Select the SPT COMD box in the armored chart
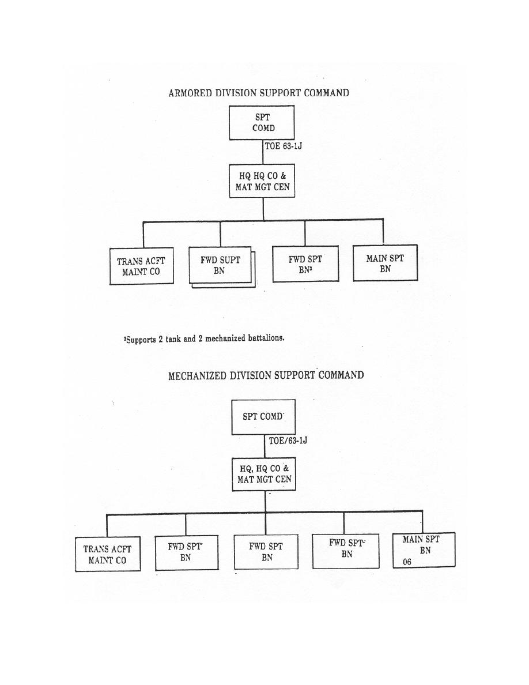(262, 123)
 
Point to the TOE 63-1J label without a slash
(284, 146)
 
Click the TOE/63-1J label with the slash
(288, 441)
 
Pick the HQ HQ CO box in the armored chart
(262, 181)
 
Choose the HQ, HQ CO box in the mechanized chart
(264, 474)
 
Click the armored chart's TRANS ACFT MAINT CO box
(141, 266)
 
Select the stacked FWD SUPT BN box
(222, 266)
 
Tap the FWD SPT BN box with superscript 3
(305, 264)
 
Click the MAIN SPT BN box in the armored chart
(386, 262)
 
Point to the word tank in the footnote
(173, 339)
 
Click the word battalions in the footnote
(266, 338)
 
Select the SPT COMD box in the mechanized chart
(263, 417)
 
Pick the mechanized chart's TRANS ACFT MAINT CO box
(108, 554)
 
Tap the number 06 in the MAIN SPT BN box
(407, 562)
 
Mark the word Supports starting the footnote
(141, 340)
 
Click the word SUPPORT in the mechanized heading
(294, 375)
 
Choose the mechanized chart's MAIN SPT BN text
(422, 545)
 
